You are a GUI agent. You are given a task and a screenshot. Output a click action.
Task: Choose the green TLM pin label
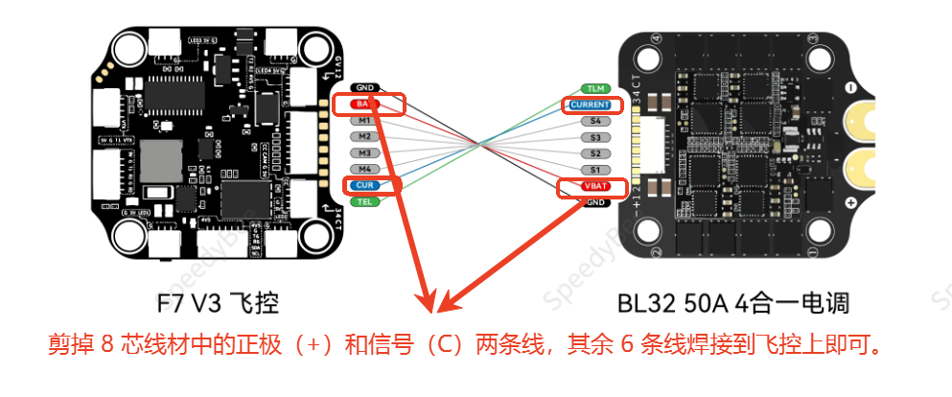pos(595,88)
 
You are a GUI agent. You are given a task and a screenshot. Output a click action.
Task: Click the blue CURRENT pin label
pos(592,105)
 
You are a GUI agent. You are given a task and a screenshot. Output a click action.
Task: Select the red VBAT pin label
pos(594,186)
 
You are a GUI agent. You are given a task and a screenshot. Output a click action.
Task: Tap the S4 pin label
pos(595,121)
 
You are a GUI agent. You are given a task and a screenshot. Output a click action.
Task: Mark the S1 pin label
pos(595,170)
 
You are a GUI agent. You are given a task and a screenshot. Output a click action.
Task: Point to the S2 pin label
pos(595,153)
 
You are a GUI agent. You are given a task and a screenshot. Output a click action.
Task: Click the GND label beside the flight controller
pos(364,87)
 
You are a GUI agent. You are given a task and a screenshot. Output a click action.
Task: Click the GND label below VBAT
pos(595,202)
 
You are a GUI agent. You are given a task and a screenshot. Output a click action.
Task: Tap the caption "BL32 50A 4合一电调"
pos(732,305)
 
